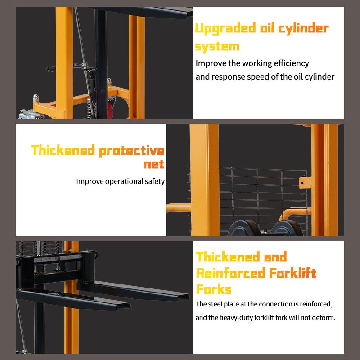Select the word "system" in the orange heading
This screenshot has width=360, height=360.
pos(217,46)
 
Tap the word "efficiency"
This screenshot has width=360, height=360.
pos(288,63)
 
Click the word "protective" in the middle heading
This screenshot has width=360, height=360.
pos(131,151)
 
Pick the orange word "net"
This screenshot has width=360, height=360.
pos(154,164)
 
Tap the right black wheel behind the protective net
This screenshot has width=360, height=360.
pos(287,228)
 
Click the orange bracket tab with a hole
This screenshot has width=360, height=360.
pos(305,182)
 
